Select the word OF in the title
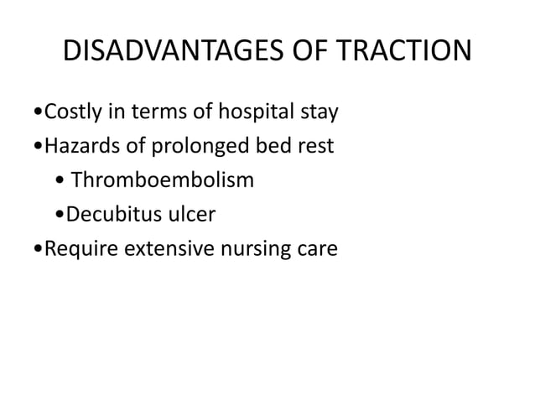(301, 52)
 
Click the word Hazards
(79, 146)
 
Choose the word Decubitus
(109, 215)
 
